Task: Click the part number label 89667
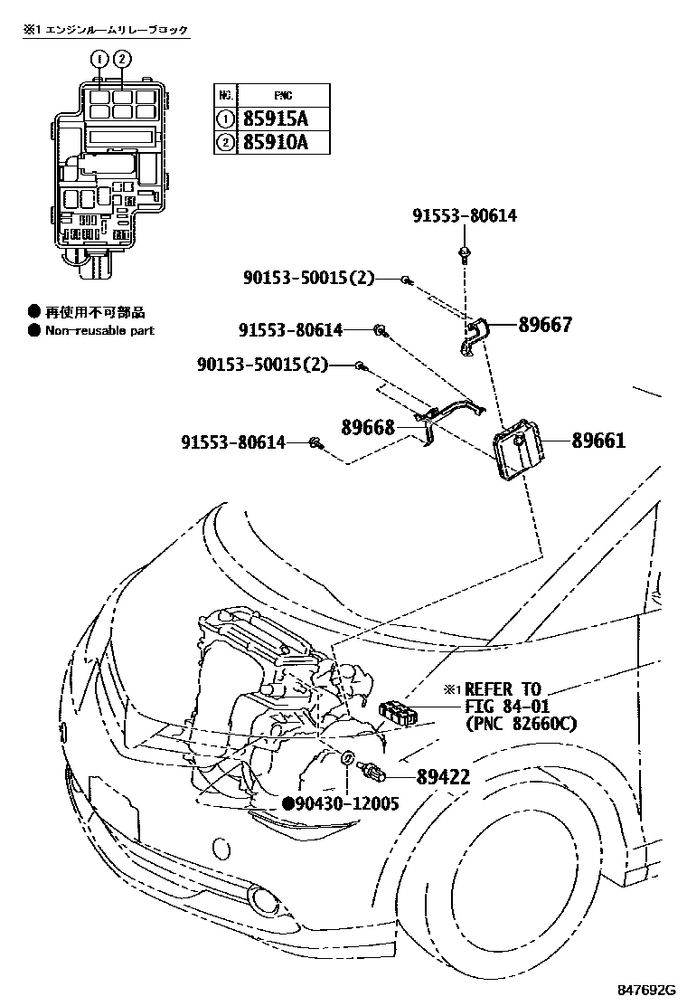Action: tap(544, 325)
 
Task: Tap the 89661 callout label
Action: tap(598, 441)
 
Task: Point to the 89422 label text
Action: tap(444, 777)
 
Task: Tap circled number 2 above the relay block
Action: tap(122, 60)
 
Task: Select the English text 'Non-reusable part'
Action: tap(99, 331)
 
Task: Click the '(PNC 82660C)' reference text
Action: tap(522, 724)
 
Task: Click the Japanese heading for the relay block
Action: tap(106, 31)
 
